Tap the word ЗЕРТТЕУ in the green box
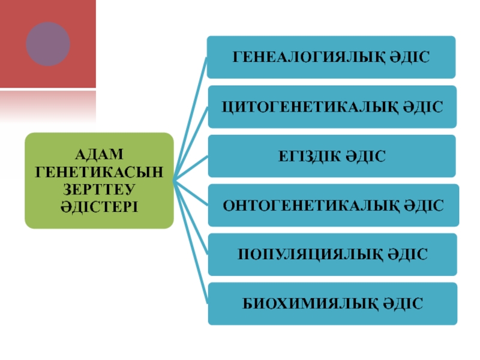(x=99, y=189)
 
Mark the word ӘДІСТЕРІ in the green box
(x=99, y=206)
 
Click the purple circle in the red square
(x=48, y=44)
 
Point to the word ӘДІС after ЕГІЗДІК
(x=365, y=157)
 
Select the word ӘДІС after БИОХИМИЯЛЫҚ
(x=403, y=304)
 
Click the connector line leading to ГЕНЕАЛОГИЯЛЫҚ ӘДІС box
(x=191, y=114)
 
